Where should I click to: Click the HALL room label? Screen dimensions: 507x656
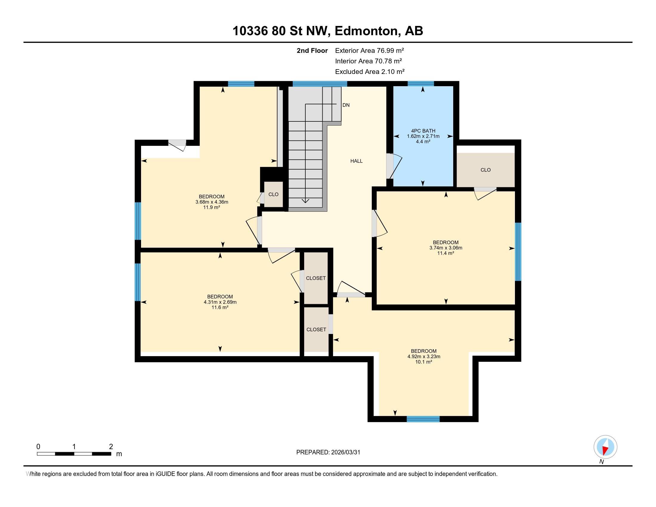[356, 161]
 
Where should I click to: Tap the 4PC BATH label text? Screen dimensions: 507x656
[423, 131]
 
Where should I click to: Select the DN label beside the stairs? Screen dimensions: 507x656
[346, 105]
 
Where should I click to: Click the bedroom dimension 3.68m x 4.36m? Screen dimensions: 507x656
[212, 202]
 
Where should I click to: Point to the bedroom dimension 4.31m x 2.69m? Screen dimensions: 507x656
[220, 302]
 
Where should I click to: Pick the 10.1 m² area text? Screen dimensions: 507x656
[423, 362]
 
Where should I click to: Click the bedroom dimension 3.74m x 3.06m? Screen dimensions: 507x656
[446, 248]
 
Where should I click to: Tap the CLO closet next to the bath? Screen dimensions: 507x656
[485, 170]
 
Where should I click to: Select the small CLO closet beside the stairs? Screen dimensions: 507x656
[273, 194]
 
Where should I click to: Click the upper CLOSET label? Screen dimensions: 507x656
[316, 278]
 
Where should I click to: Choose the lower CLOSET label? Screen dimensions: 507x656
[316, 330]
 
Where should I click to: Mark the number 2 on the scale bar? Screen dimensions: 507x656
[111, 447]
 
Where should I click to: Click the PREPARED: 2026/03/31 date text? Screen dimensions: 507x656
[328, 452]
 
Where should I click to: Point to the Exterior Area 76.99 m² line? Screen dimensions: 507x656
[369, 50]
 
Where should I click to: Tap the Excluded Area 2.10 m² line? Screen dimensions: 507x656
[370, 72]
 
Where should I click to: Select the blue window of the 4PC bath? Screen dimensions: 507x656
[420, 84]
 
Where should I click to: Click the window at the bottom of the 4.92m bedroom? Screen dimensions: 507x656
[423, 419]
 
